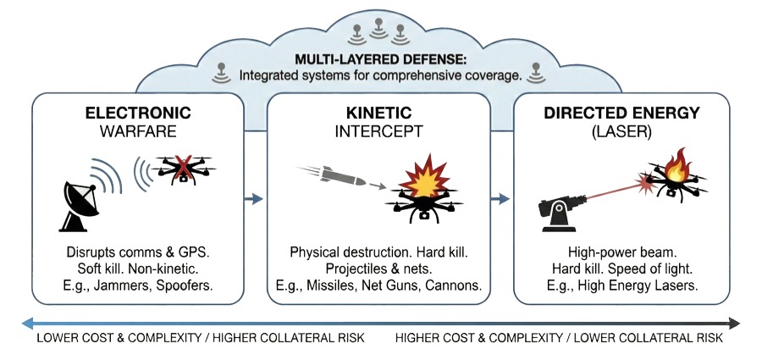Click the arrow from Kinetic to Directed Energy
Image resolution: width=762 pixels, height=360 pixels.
pyautogui.click(x=501, y=199)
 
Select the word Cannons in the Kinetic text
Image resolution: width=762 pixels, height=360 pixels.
pyautogui.click(x=453, y=285)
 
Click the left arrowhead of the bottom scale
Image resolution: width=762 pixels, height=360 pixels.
pyautogui.click(x=28, y=323)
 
